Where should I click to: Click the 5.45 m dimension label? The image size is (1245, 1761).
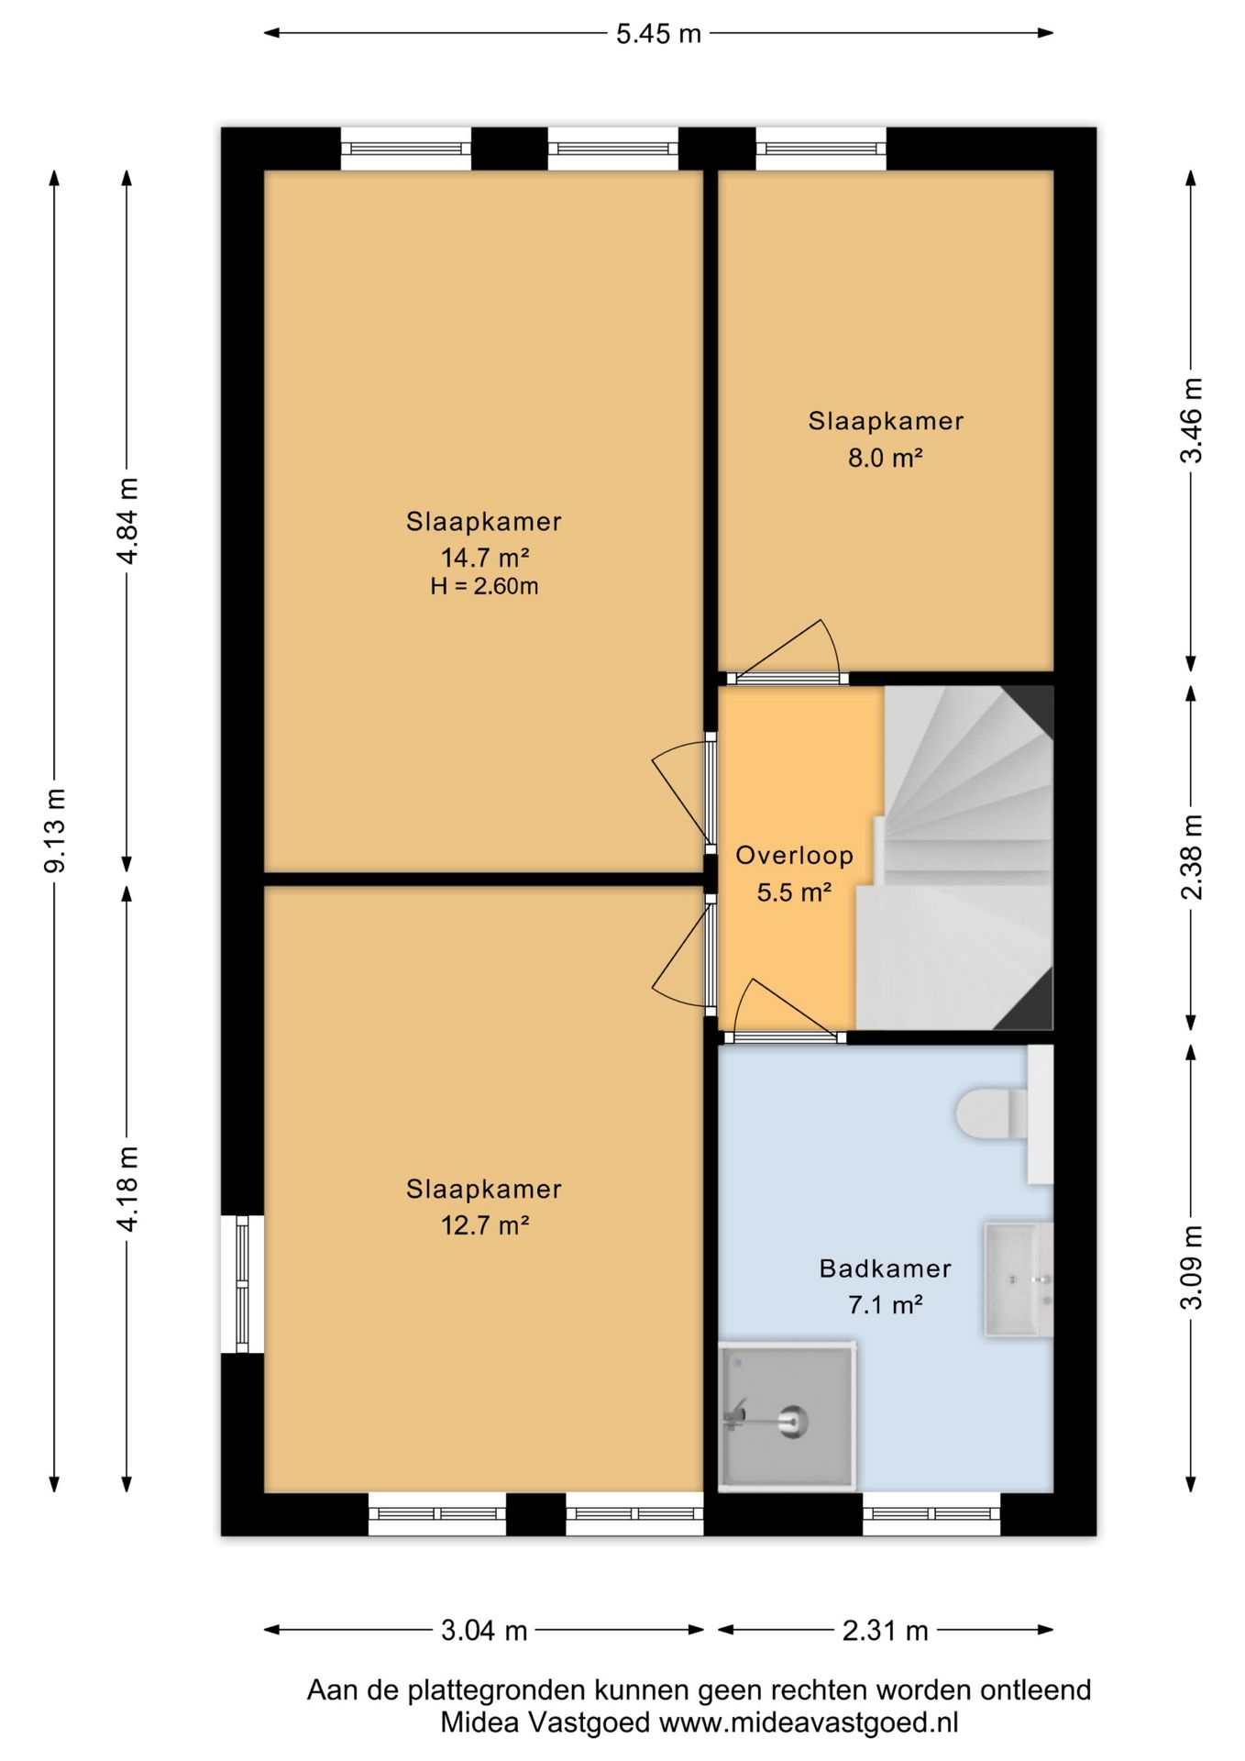[658, 34]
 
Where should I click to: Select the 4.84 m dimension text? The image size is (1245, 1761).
[127, 520]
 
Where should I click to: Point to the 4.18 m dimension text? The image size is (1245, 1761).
[127, 1189]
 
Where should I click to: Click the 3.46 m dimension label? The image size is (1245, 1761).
[1191, 421]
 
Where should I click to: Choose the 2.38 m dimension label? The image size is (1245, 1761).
[1191, 858]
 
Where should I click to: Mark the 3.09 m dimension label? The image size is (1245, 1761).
[1191, 1268]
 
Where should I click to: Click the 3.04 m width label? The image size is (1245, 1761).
[484, 1630]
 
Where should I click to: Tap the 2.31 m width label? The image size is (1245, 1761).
[886, 1630]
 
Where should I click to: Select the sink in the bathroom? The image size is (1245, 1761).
[1018, 1279]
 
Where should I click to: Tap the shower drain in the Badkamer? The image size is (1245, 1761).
[793, 1422]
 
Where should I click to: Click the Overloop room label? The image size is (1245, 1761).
[795, 856]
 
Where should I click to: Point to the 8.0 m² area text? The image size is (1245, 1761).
[885, 457]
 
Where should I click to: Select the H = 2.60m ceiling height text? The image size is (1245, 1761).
[484, 586]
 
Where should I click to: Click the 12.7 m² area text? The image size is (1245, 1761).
[485, 1225]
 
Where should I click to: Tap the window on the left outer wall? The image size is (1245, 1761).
[242, 1283]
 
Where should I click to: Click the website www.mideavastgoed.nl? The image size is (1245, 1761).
[809, 1722]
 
